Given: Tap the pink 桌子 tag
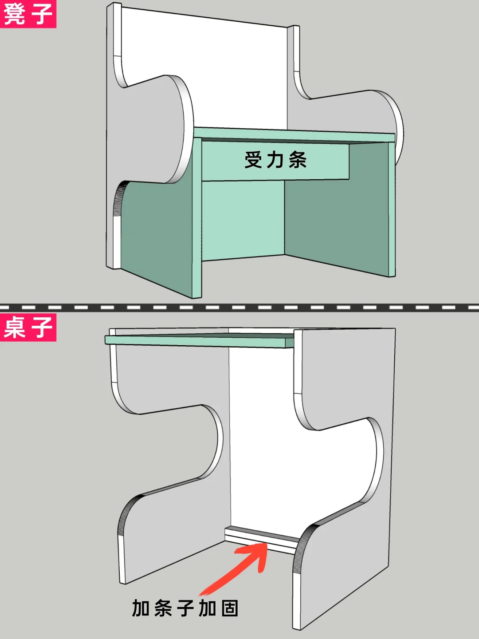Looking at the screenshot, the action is [27, 327].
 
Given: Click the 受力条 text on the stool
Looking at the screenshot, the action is [275, 160].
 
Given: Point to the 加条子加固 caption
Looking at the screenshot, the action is [185, 608].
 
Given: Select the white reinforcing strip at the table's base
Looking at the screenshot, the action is [262, 539].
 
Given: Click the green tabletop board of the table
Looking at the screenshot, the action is [200, 340].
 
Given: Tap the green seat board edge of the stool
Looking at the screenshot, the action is [293, 134].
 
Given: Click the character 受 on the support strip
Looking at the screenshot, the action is [254, 160].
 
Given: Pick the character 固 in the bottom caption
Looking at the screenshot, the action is [230, 608].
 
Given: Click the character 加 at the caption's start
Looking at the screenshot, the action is [141, 608].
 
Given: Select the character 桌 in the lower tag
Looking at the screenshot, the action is [15, 327].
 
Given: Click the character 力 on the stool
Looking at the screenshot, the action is [275, 160].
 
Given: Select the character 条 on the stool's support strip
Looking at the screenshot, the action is [297, 160].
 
